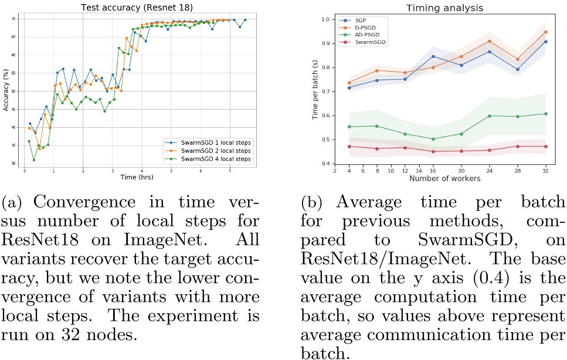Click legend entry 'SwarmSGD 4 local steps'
[x=215, y=159]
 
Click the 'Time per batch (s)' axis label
[x=315, y=91]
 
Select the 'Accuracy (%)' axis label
[x=5, y=93]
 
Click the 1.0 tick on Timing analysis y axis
[x=326, y=19]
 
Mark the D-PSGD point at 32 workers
[x=546, y=32]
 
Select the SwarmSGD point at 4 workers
[x=349, y=147]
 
